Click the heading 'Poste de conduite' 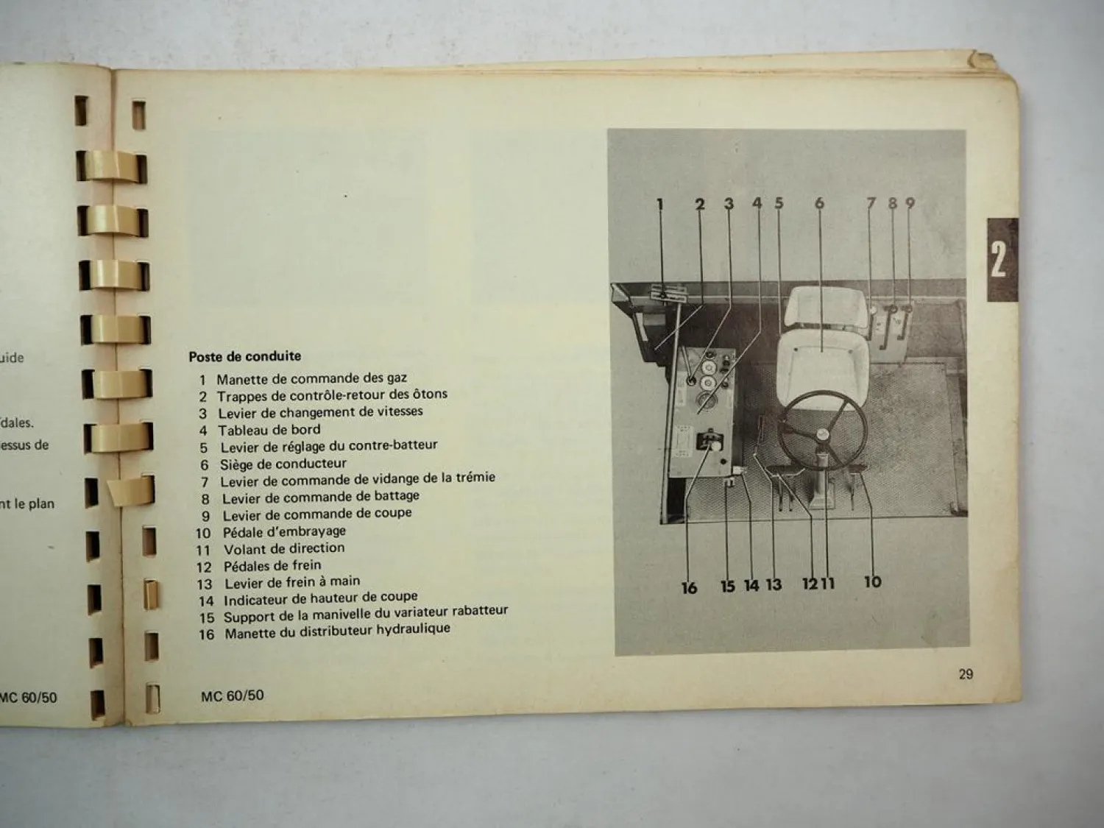coord(244,356)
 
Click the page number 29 coord(966,673)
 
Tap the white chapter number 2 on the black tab coord(998,259)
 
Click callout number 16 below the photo coord(689,587)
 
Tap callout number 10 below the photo coord(872,582)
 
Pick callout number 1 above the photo coord(660,204)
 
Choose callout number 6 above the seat coord(819,203)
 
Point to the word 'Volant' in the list coord(244,549)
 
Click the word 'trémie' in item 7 coord(475,478)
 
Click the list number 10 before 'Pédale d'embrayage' coord(203,533)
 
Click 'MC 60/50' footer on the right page coord(232,695)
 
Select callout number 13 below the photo coord(774,585)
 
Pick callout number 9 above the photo coord(910,203)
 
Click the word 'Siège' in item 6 coord(237,464)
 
